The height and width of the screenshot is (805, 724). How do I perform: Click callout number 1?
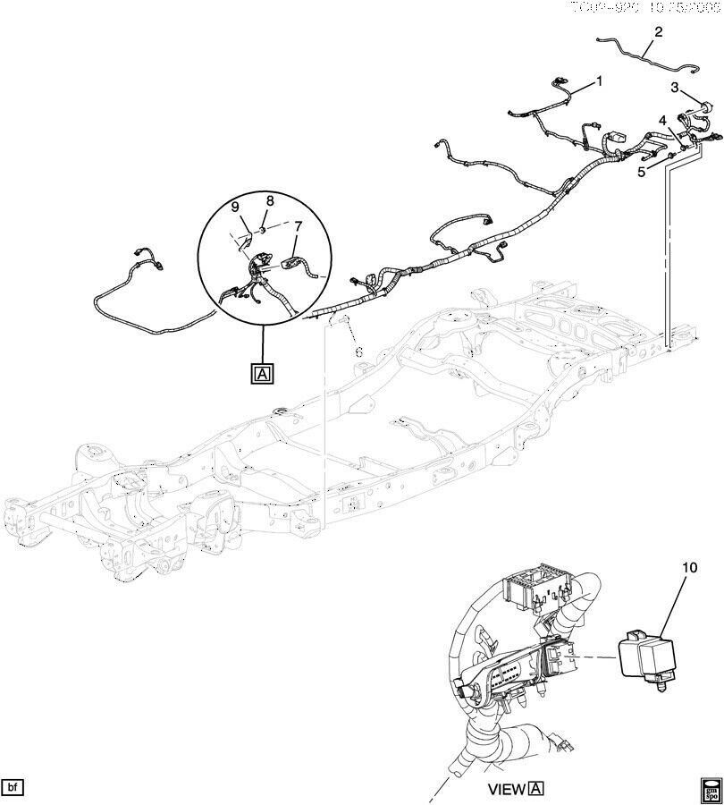click(x=599, y=80)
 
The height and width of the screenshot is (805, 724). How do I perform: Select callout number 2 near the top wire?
click(x=659, y=32)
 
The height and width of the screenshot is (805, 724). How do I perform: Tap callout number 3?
click(x=676, y=88)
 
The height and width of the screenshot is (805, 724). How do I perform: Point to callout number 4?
click(x=662, y=120)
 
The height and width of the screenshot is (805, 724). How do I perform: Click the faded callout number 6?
click(x=358, y=352)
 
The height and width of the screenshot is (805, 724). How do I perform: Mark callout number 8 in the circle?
click(x=269, y=201)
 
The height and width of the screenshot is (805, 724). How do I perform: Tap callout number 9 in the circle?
click(x=236, y=207)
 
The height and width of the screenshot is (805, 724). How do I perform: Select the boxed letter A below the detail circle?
click(x=263, y=373)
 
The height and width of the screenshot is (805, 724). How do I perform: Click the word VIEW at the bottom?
click(x=507, y=789)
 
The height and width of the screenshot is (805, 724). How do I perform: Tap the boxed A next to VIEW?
click(x=536, y=788)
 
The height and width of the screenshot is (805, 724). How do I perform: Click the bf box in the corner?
click(x=13, y=787)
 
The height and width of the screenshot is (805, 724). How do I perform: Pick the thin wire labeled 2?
click(x=644, y=51)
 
